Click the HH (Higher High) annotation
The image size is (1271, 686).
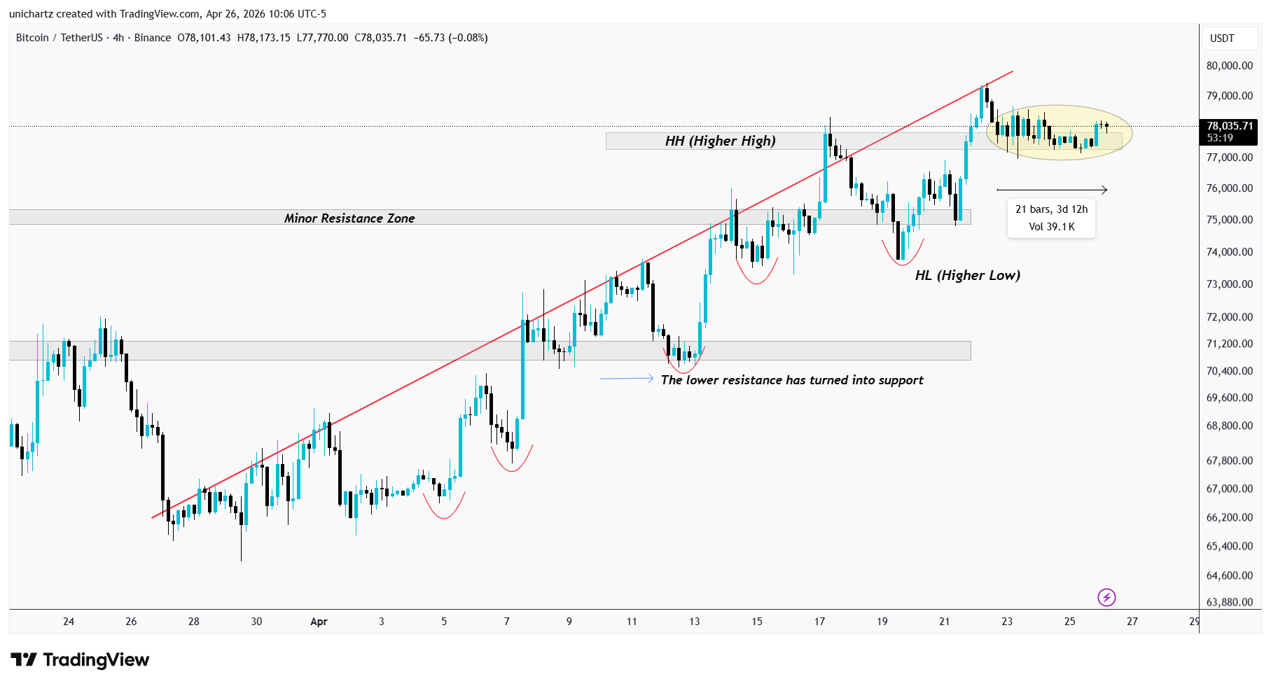(720, 141)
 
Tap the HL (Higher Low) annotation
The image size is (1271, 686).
(967, 275)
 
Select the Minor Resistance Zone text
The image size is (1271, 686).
(349, 218)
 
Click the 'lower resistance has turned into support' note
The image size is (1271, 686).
(791, 380)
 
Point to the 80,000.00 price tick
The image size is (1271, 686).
(1229, 66)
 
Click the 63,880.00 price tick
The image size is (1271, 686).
(1229, 602)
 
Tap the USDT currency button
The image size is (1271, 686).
(1222, 38)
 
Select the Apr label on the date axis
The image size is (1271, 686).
(319, 622)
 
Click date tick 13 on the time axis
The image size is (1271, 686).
(694, 622)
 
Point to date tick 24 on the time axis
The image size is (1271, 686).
(69, 622)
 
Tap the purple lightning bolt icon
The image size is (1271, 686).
(1106, 597)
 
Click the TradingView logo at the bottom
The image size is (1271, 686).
(80, 660)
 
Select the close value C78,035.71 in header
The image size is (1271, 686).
(380, 38)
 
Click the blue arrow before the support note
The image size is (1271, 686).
(626, 379)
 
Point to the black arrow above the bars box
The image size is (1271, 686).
(1052, 190)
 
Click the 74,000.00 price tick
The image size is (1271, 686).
(1229, 252)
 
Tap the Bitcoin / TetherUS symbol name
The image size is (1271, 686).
(59, 38)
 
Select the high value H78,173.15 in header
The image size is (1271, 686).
(263, 38)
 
